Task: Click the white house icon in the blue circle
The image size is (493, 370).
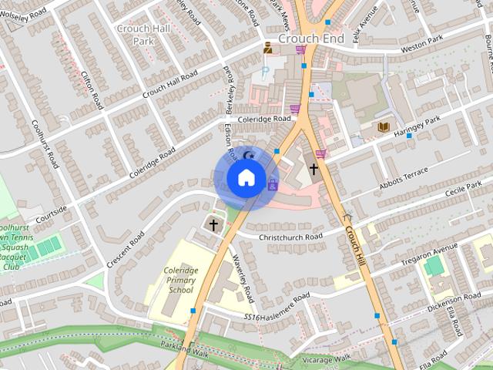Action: tap(246, 179)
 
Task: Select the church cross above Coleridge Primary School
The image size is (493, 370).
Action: tap(213, 224)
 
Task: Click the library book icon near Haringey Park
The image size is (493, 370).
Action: tap(384, 126)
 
